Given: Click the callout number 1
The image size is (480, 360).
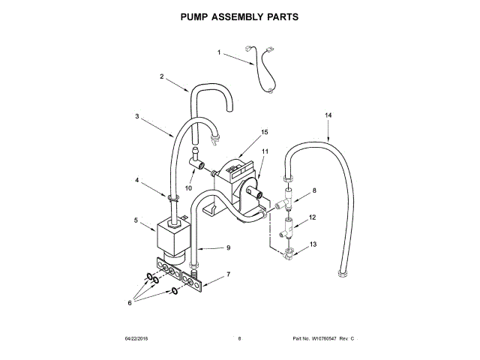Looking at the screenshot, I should coord(220,52).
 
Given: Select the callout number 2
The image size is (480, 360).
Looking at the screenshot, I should coord(161,76).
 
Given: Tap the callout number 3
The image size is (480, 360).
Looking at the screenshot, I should coord(137,116).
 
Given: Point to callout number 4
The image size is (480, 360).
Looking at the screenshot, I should coord(136,180).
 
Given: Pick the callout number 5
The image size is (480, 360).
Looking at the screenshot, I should coord(136,220).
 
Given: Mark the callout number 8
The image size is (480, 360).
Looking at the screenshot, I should coord(314,190).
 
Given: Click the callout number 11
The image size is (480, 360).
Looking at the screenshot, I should coord(265,151).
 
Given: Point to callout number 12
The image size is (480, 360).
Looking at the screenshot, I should coord(313,217).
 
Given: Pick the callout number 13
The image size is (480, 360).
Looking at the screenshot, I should coord(313,244).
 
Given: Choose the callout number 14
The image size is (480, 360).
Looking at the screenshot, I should coord(328,115).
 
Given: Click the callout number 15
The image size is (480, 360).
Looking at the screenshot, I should coord(264,131).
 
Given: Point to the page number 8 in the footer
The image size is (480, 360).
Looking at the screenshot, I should coord(239,339).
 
